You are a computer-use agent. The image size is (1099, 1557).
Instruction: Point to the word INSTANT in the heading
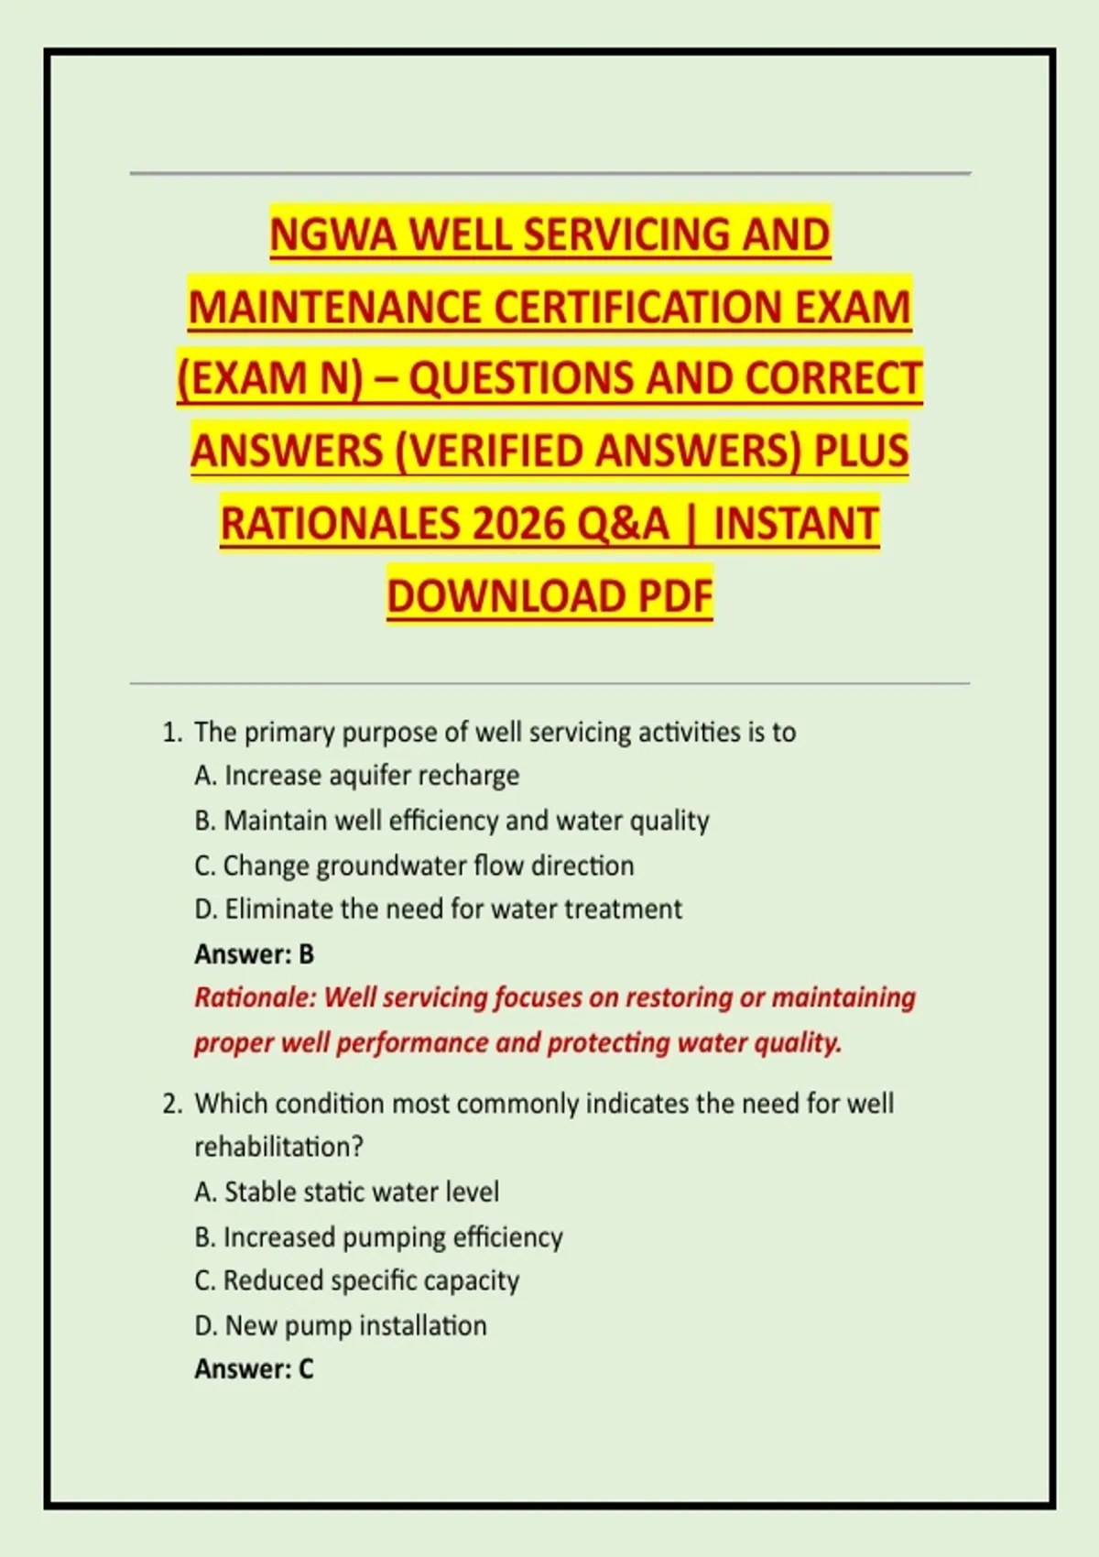(796, 524)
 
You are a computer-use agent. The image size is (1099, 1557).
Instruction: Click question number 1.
(171, 733)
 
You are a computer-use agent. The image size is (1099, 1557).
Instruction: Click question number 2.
(171, 1104)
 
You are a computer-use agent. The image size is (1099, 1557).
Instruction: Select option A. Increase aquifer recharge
(357, 776)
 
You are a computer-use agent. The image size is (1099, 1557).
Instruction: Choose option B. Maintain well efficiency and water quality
(452, 821)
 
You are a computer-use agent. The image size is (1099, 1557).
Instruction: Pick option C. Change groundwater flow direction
(414, 866)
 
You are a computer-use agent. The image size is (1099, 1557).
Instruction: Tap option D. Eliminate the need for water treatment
(438, 909)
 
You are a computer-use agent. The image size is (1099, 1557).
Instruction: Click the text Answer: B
(254, 954)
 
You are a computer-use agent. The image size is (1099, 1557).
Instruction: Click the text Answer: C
(254, 1369)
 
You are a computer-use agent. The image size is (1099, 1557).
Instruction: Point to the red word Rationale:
(255, 998)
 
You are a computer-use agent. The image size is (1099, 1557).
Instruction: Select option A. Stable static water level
(346, 1192)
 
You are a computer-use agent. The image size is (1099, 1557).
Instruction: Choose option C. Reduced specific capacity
(356, 1280)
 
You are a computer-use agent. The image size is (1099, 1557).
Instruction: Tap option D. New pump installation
(340, 1325)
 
